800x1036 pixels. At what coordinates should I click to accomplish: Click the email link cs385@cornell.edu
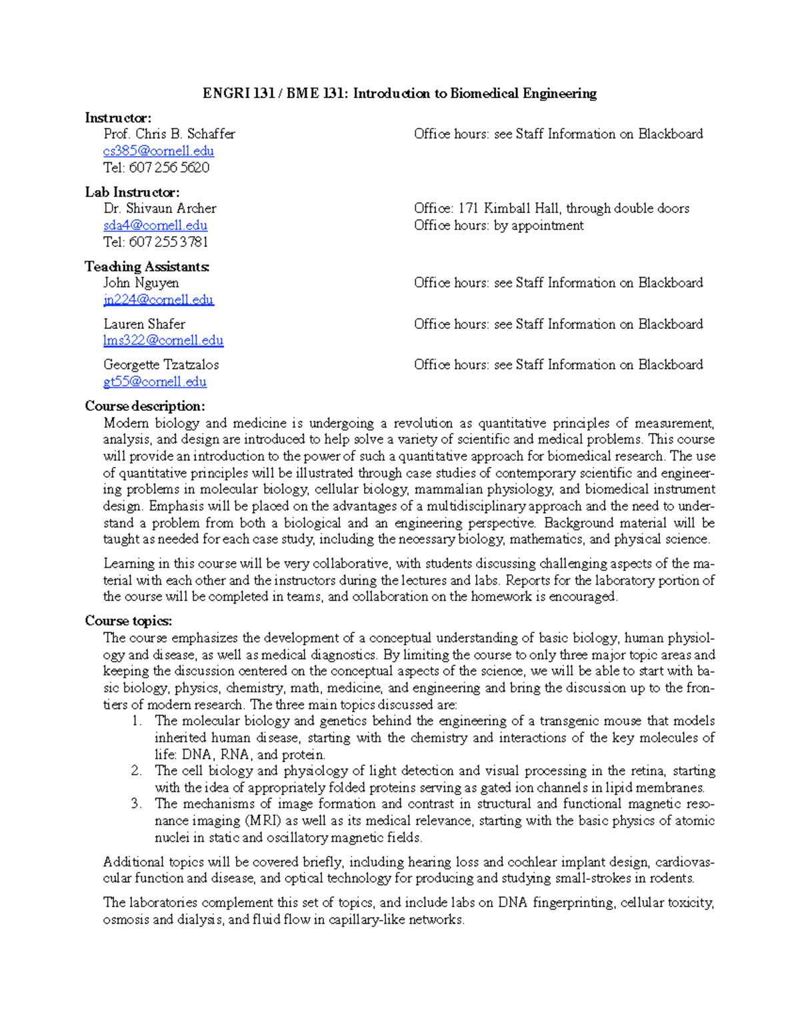tap(159, 151)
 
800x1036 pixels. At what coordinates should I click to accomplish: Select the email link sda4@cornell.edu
tap(155, 225)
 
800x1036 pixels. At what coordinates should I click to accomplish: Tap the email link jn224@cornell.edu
tap(159, 300)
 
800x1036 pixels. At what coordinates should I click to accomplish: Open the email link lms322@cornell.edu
tap(163, 340)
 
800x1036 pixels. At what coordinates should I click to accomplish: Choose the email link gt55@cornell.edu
tap(155, 382)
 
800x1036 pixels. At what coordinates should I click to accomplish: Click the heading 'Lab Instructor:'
tap(132, 192)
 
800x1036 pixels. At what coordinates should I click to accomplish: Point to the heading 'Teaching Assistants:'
tap(147, 267)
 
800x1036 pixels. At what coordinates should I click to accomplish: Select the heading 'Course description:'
tap(145, 406)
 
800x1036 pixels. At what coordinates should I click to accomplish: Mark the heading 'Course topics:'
tap(129, 621)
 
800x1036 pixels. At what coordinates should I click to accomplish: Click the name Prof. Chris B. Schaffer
tap(169, 134)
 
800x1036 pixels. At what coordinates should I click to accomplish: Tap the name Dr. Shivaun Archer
tap(160, 208)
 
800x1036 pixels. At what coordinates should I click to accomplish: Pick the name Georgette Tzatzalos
tap(161, 365)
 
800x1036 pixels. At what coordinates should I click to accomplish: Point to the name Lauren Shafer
tap(144, 324)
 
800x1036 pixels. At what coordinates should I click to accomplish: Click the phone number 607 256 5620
tap(169, 167)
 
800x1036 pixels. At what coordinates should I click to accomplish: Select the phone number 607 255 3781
tap(169, 241)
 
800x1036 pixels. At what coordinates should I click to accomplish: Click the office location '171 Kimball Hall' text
tap(509, 208)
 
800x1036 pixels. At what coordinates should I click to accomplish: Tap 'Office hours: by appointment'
tap(499, 225)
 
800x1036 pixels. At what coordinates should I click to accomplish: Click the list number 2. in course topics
tap(137, 771)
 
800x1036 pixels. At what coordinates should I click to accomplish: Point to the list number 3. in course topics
tap(137, 804)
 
